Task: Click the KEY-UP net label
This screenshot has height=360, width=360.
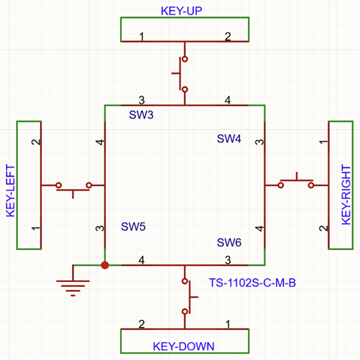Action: tap(181, 11)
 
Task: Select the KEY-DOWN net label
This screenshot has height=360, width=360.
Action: tap(183, 346)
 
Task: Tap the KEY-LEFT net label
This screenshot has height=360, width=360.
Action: tap(11, 191)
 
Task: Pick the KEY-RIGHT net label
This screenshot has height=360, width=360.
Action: tap(346, 195)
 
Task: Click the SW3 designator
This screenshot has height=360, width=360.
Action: tap(141, 115)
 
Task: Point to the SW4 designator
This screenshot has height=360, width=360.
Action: tap(229, 139)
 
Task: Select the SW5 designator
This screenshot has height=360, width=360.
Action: tap(133, 227)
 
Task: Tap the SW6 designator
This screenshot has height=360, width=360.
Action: tap(229, 243)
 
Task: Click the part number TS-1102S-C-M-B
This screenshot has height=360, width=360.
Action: tap(253, 283)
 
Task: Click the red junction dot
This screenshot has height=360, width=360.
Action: tap(105, 265)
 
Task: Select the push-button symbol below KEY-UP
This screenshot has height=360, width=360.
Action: tap(181, 74)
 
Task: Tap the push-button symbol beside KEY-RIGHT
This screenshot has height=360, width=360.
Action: tap(296, 180)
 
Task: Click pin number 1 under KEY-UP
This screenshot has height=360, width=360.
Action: tap(141, 37)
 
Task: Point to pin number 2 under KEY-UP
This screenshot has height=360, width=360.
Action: tap(228, 37)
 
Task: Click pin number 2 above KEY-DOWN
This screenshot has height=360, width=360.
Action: tap(141, 324)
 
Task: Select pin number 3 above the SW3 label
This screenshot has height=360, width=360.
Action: tap(141, 101)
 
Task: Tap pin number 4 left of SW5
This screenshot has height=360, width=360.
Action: tap(100, 142)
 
